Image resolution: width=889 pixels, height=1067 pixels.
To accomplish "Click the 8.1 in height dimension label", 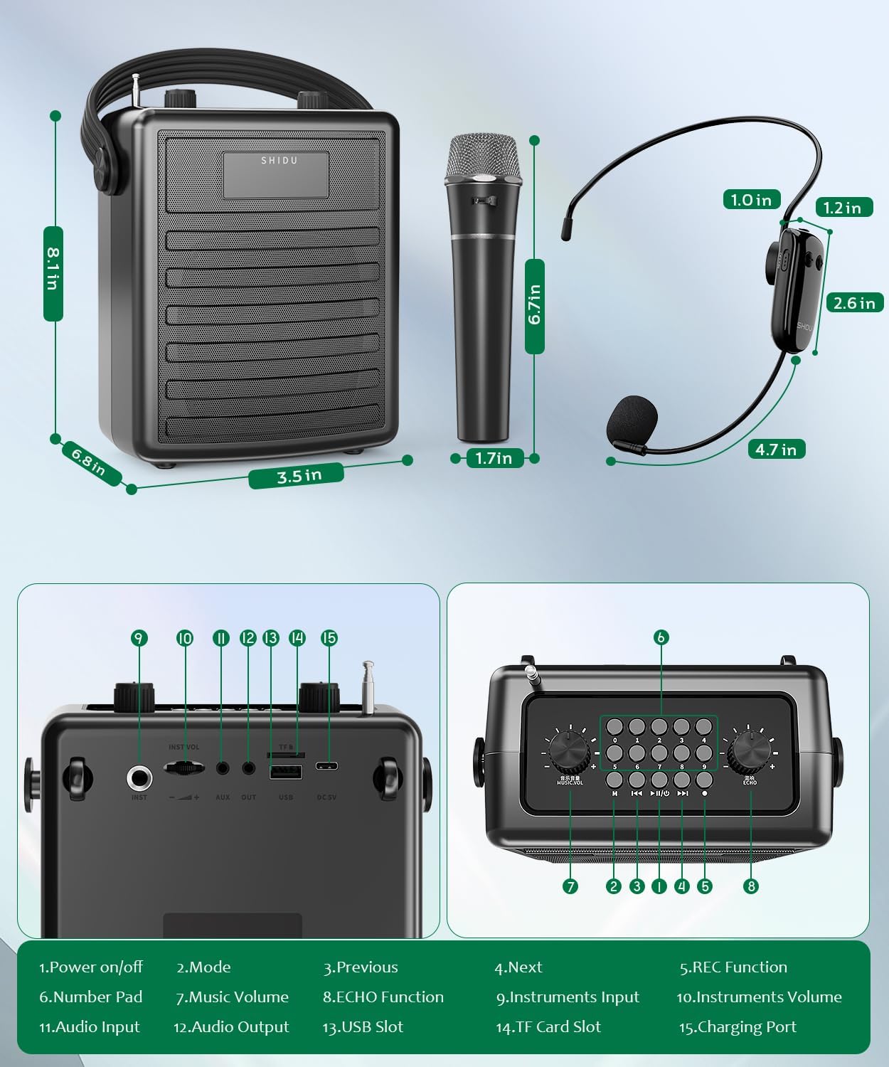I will pyautogui.click(x=53, y=273).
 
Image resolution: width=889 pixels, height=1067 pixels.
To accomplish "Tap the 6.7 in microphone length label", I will pyautogui.click(x=535, y=306).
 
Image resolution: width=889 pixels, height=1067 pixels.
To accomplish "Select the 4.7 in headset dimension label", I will pyautogui.click(x=776, y=450).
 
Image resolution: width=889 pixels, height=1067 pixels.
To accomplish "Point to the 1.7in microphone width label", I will pyautogui.click(x=494, y=458).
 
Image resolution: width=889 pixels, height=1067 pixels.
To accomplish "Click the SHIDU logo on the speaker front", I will pyautogui.click(x=279, y=161).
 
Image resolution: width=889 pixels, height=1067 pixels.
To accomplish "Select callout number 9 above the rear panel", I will pyautogui.click(x=139, y=638).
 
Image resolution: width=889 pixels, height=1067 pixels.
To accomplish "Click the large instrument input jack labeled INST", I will pyautogui.click(x=139, y=777).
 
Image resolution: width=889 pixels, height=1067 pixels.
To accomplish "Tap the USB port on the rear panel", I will pyautogui.click(x=285, y=772).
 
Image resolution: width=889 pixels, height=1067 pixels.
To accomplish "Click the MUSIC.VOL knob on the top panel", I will pyautogui.click(x=569, y=752).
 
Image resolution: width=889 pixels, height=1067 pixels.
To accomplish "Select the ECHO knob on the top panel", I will pyautogui.click(x=750, y=750).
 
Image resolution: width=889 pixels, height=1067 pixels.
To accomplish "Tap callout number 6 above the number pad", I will pyautogui.click(x=661, y=637).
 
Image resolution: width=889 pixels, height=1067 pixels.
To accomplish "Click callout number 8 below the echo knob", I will pyautogui.click(x=750, y=886).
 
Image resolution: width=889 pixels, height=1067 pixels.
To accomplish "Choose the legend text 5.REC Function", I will pyautogui.click(x=733, y=967).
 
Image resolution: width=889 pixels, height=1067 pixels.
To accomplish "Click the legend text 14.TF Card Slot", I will pyautogui.click(x=548, y=1027).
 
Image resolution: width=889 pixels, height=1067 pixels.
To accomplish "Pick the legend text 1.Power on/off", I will pyautogui.click(x=90, y=967).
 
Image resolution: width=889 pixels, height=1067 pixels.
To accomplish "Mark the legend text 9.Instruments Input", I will pyautogui.click(x=568, y=997).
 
